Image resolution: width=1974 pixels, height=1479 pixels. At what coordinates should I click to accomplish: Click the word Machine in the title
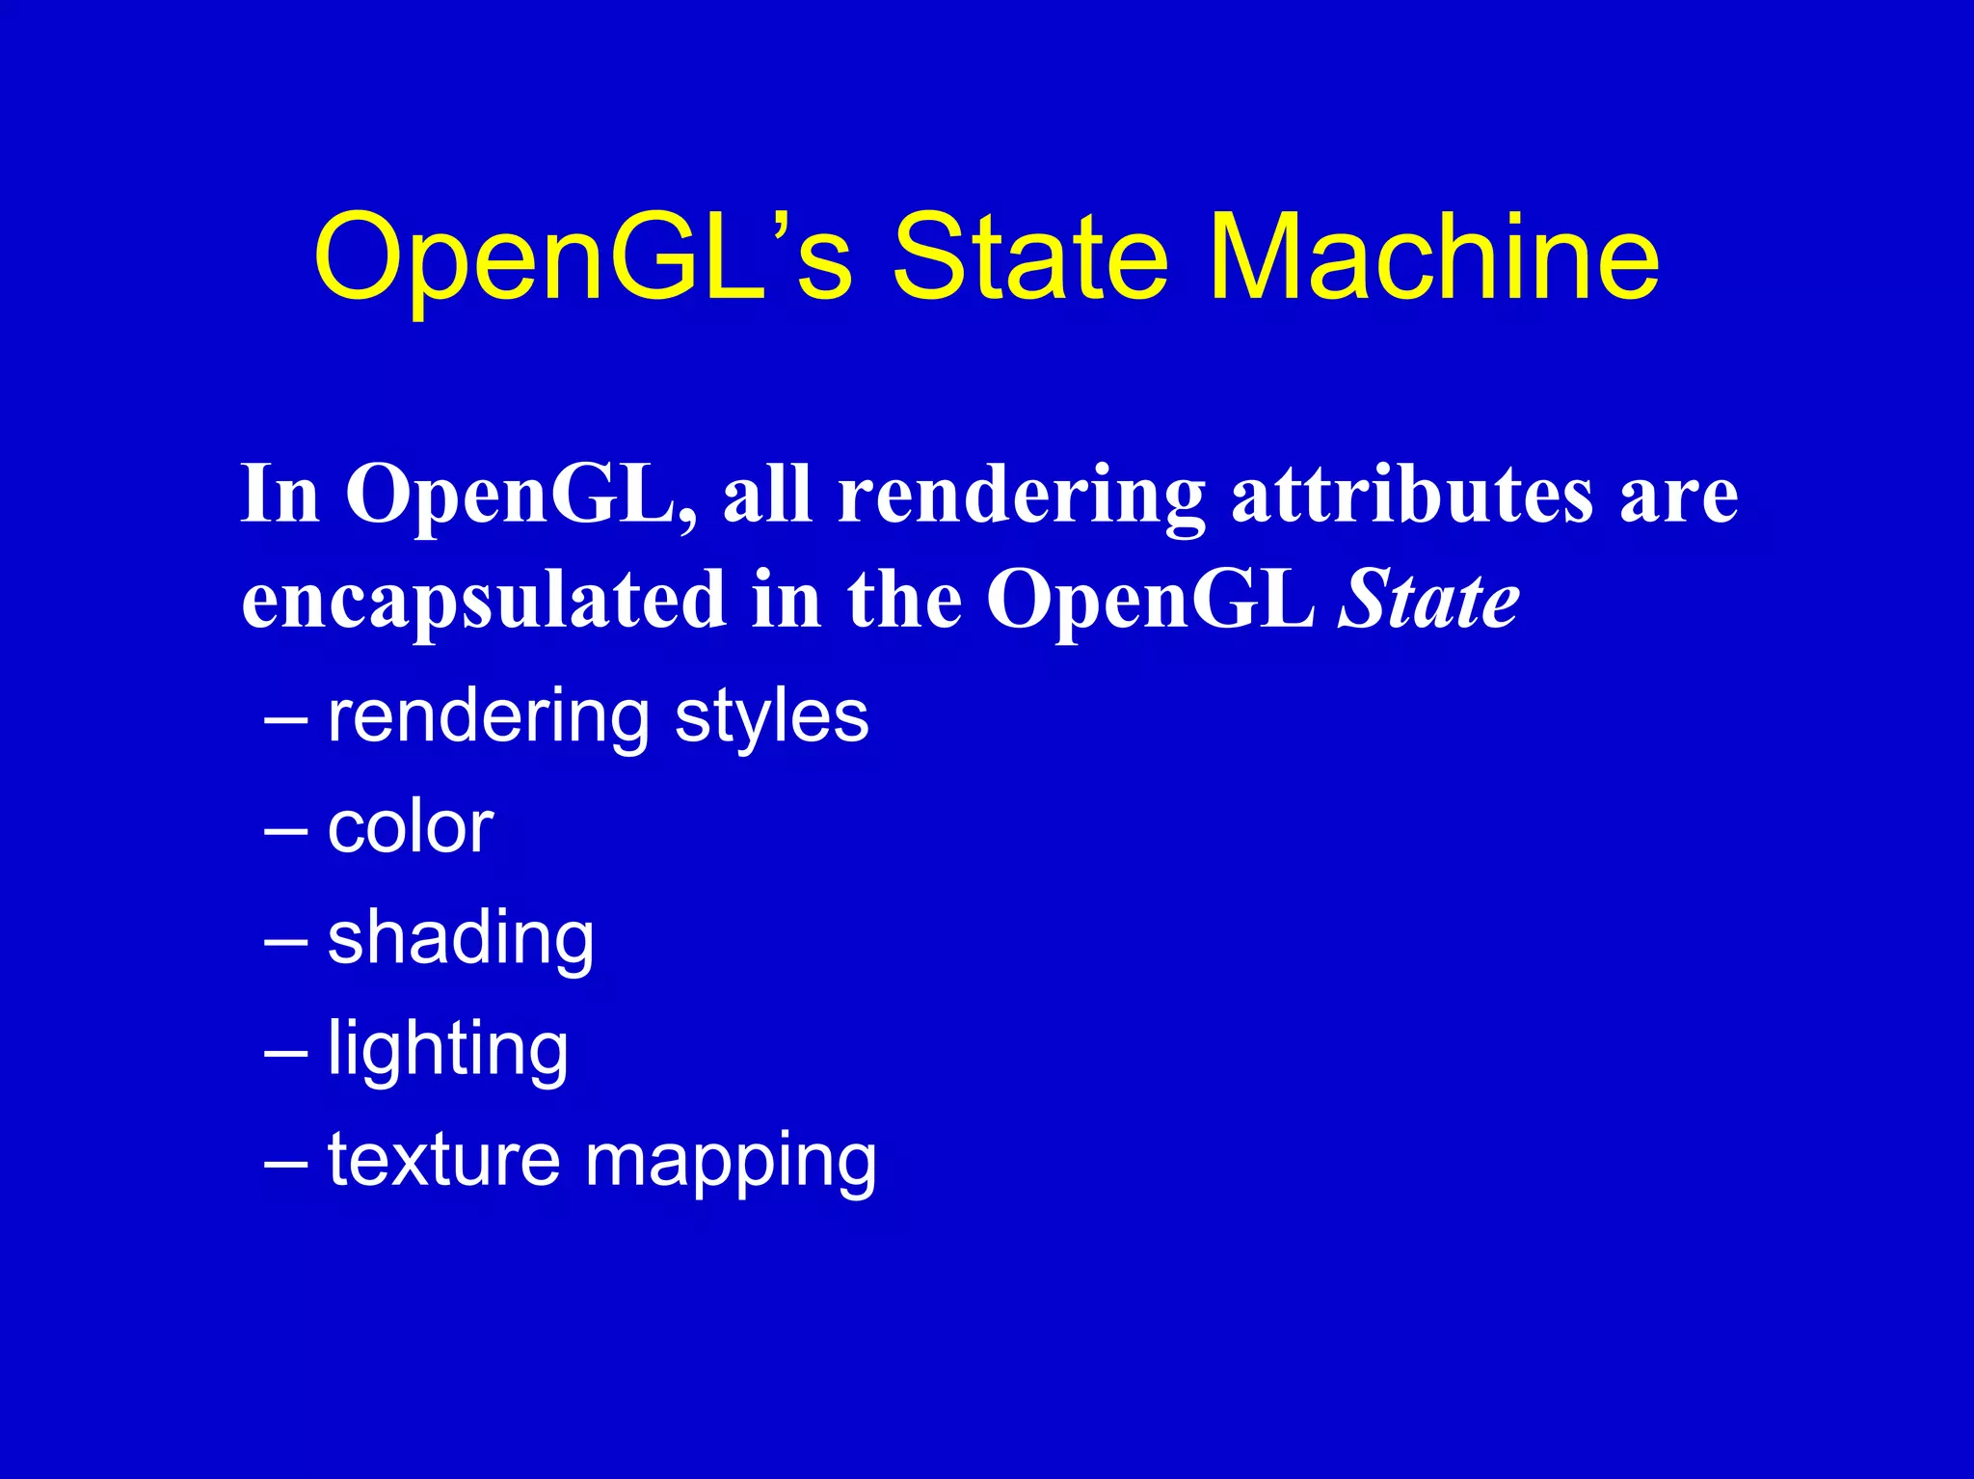tap(1433, 257)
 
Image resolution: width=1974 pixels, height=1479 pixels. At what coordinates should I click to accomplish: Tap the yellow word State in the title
tap(1029, 257)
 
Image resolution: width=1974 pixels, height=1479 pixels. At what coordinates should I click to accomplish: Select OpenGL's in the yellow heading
tap(583, 257)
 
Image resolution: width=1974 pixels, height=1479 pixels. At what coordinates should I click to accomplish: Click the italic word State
tap(1428, 600)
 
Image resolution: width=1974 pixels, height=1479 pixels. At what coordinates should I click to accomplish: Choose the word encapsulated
tap(483, 600)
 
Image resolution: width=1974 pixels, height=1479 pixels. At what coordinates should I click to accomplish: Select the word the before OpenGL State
tap(904, 600)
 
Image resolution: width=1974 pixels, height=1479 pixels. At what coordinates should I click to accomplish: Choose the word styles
tap(771, 718)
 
